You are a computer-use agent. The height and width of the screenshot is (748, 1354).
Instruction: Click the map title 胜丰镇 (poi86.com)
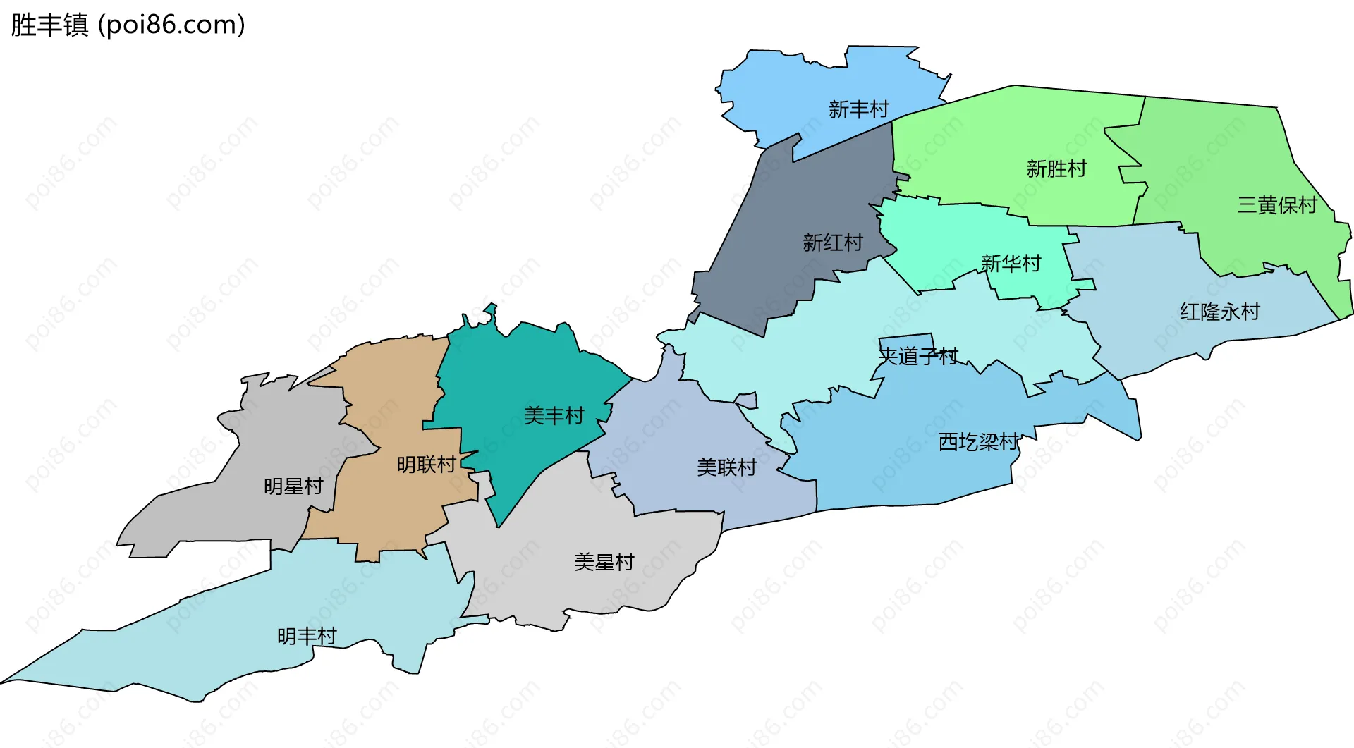tap(128, 25)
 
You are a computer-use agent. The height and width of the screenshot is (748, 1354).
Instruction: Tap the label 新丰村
tap(858, 109)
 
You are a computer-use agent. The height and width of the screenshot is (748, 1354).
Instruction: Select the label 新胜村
tap(1056, 169)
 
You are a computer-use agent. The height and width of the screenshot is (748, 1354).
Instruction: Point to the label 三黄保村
tap(1277, 205)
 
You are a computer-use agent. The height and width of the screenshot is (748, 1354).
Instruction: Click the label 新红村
tap(833, 243)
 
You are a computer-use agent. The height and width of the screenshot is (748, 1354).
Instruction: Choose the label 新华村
tap(1011, 264)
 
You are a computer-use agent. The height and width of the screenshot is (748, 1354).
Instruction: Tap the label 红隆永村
tap(1220, 312)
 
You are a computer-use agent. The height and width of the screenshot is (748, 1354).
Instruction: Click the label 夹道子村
tap(918, 357)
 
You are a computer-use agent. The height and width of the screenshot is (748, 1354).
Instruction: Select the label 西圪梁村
tap(979, 442)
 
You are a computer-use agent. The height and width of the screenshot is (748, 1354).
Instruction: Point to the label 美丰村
tap(554, 416)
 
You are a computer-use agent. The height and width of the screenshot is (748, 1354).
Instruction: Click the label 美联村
tap(726, 467)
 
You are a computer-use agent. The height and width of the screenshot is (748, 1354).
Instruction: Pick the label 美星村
tap(604, 562)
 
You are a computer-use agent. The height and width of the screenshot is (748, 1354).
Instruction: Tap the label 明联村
tap(427, 465)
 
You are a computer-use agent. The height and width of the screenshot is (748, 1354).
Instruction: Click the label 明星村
tap(293, 486)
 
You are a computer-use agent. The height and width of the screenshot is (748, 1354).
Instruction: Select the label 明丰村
tap(307, 636)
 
